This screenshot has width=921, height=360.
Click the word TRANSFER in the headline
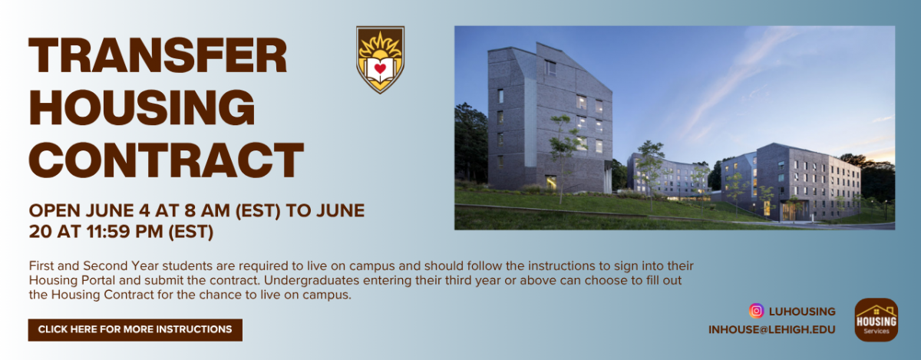tap(158, 56)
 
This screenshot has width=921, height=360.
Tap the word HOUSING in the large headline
tap(142, 107)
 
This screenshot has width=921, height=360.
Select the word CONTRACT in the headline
tap(166, 160)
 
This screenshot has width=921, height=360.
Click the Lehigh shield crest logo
tap(381, 60)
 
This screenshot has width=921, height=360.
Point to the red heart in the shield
tap(380, 68)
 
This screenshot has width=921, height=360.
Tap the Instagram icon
tap(756, 311)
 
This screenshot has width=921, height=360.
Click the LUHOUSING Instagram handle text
tap(802, 312)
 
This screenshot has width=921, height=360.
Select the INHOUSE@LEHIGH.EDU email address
tap(772, 329)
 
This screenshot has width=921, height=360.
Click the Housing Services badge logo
tap(876, 319)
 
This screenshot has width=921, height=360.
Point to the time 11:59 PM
tap(124, 232)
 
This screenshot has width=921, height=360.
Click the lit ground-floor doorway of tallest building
tap(551, 183)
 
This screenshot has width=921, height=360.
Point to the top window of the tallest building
tap(550, 68)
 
